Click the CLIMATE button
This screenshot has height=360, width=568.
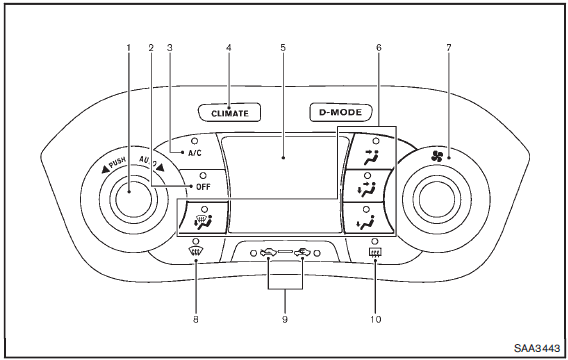pyautogui.click(x=230, y=113)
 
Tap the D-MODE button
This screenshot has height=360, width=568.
pyautogui.click(x=341, y=112)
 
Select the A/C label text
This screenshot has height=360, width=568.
pyautogui.click(x=195, y=153)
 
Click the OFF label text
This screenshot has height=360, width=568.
pyautogui.click(x=203, y=187)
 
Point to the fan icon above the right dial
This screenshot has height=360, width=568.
pyautogui.click(x=437, y=156)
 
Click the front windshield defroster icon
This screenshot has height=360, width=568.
pyautogui.click(x=196, y=251)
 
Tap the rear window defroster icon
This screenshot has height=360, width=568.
pyautogui.click(x=375, y=251)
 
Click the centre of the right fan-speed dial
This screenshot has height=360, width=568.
pyautogui.click(x=437, y=197)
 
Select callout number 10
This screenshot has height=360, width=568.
pyautogui.click(x=376, y=319)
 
